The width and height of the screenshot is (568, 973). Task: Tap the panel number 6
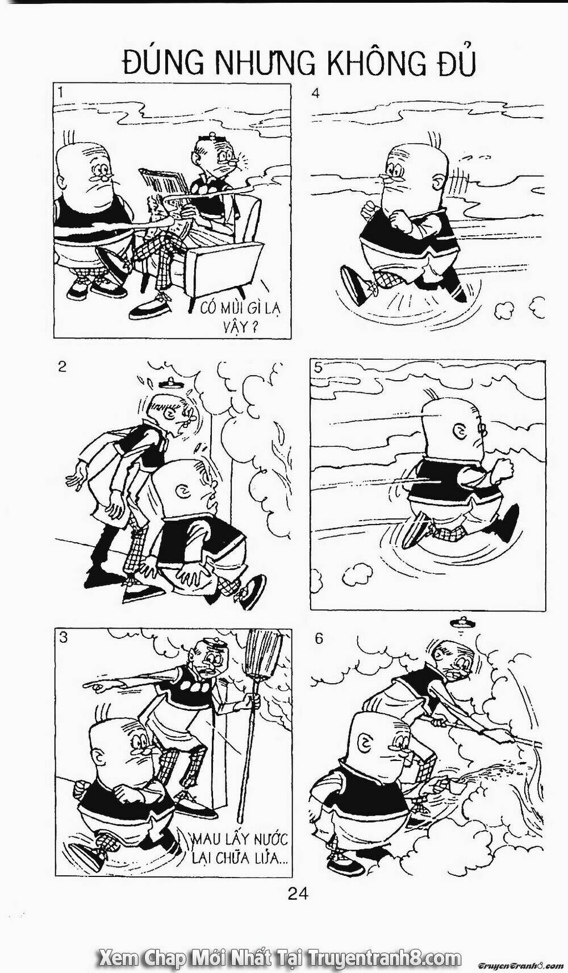[319, 638]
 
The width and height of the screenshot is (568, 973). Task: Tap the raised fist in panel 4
[404, 222]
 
